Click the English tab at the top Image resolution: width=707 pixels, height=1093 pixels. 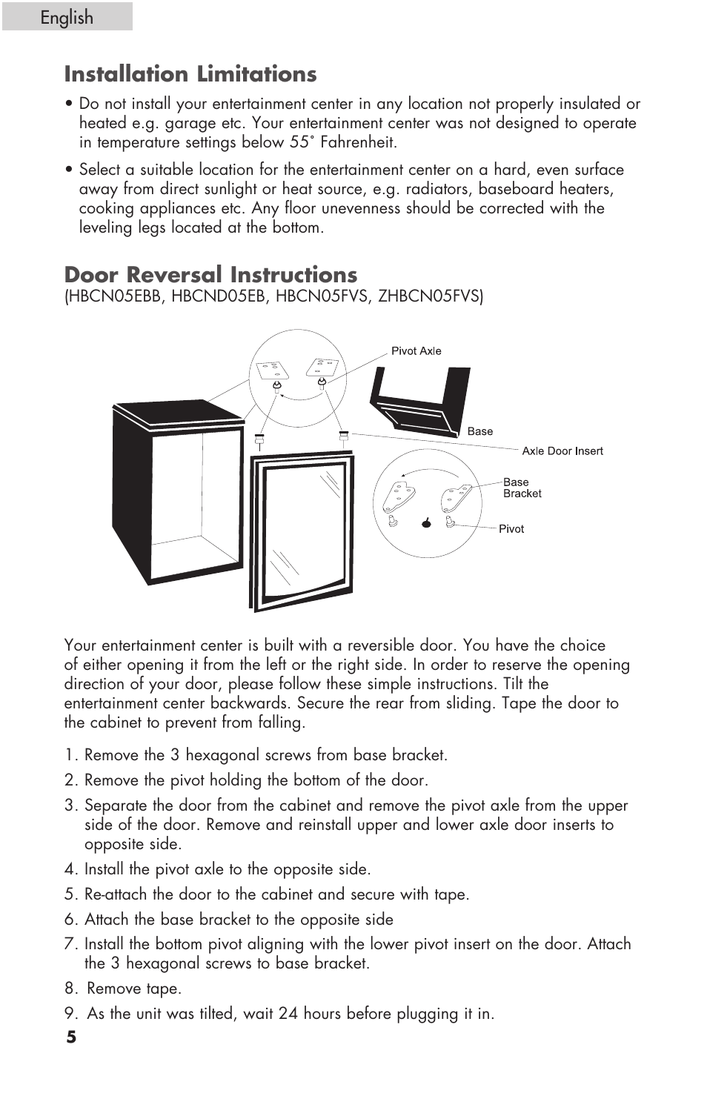(67, 17)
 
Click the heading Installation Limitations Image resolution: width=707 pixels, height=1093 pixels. (190, 74)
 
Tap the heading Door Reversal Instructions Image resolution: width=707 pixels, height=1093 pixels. (210, 275)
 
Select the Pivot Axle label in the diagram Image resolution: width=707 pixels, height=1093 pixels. (416, 351)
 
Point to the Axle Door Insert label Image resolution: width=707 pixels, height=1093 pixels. (562, 451)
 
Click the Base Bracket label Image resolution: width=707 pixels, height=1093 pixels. (522, 488)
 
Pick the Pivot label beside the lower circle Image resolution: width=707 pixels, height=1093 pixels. (511, 529)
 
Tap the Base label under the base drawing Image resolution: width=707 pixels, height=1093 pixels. (479, 431)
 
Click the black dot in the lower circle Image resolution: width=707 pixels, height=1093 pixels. (426, 523)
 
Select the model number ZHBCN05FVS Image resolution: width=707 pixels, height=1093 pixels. (429, 296)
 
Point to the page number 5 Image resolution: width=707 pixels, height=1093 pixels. (71, 1037)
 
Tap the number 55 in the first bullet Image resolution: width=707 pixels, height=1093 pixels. (299, 142)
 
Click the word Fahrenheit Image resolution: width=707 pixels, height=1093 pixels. (358, 142)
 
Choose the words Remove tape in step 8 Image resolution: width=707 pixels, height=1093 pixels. (133, 989)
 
